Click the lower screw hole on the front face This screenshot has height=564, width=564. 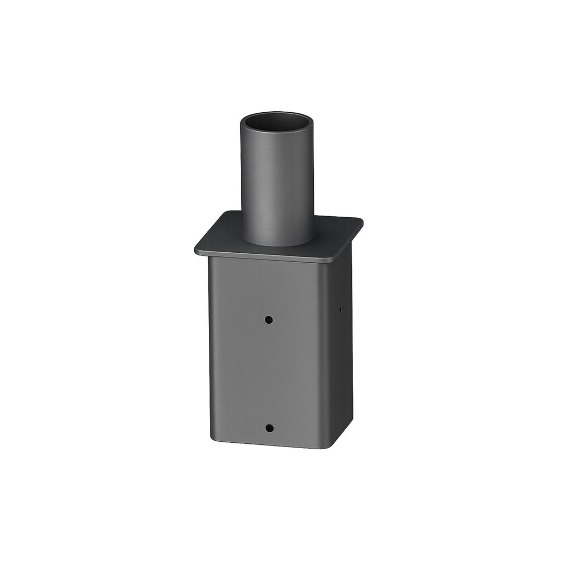pyautogui.click(x=269, y=428)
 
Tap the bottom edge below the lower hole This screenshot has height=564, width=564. pyautogui.click(x=269, y=448)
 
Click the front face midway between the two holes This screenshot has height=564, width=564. pyautogui.click(x=269, y=373)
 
